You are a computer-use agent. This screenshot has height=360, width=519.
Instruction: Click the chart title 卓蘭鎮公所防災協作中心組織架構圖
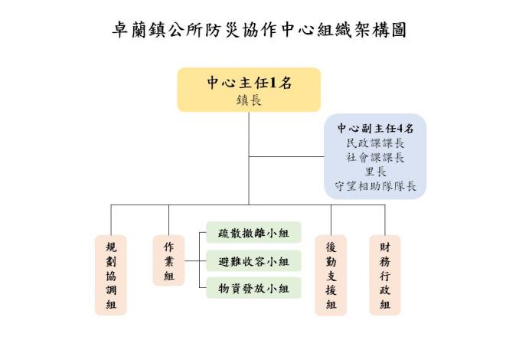click(259, 31)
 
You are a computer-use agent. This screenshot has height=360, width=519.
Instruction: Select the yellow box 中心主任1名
click(249, 90)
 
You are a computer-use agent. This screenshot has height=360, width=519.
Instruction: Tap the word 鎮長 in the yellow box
click(249, 100)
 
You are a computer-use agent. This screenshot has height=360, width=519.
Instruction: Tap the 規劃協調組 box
click(110, 274)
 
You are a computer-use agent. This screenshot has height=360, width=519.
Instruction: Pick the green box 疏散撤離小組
click(253, 234)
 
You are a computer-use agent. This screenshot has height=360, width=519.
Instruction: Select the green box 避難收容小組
click(253, 261)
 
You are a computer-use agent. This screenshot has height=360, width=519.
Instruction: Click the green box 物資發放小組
click(253, 288)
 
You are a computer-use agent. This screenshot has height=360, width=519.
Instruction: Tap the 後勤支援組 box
click(331, 274)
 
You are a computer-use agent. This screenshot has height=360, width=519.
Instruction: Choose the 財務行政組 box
click(384, 274)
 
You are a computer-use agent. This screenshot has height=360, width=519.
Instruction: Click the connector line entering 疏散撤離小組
click(201, 234)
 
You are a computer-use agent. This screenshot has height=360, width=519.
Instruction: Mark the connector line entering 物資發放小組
click(201, 288)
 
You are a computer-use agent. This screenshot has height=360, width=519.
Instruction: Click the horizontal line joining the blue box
click(287, 157)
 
